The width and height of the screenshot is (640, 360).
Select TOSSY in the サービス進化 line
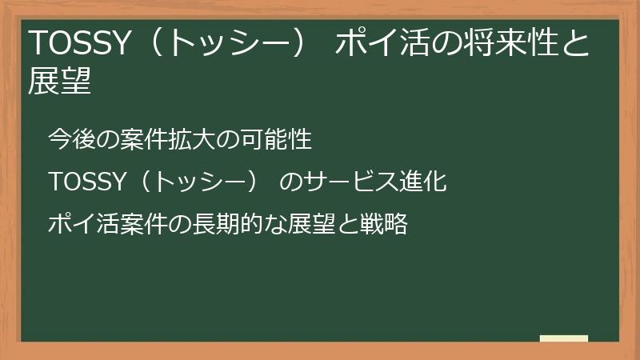coord(83,182)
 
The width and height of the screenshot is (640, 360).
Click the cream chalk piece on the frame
coord(564,338)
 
